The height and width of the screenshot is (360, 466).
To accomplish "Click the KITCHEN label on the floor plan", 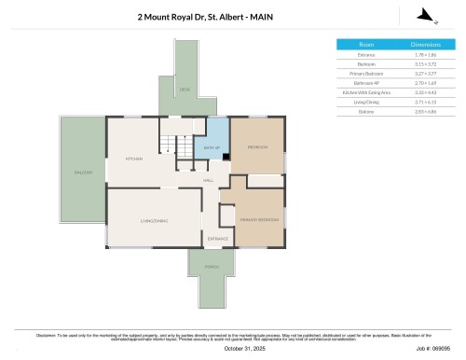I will (133, 159).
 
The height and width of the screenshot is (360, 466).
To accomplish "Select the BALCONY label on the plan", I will (83, 173).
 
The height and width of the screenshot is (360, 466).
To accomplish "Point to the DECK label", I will (185, 90).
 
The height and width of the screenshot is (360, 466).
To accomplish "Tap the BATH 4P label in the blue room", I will (212, 148).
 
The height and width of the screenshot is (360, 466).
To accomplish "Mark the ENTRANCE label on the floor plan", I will (217, 239).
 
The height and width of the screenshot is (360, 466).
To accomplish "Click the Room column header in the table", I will (366, 44).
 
